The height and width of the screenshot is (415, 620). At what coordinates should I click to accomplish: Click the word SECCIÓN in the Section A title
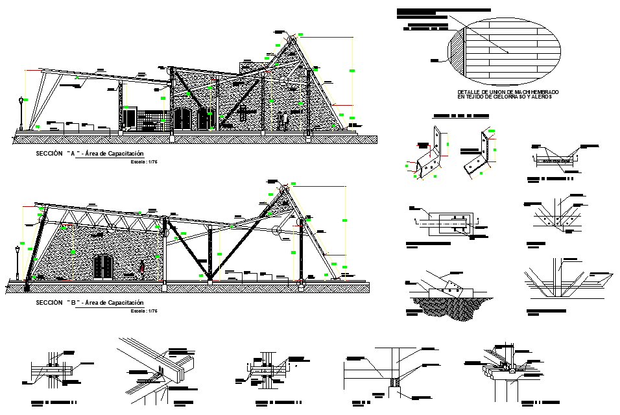[49, 154]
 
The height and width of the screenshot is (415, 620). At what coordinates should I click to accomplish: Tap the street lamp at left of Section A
[21, 113]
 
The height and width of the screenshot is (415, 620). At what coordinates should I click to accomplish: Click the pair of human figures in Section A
[283, 120]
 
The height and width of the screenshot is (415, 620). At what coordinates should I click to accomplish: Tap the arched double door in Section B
[102, 267]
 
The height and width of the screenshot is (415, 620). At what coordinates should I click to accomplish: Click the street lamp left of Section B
[18, 261]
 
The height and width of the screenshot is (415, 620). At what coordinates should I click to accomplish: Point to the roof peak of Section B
[283, 186]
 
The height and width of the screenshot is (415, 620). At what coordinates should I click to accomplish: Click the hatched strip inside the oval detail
[459, 53]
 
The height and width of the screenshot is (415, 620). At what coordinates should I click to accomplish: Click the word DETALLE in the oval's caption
[468, 92]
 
